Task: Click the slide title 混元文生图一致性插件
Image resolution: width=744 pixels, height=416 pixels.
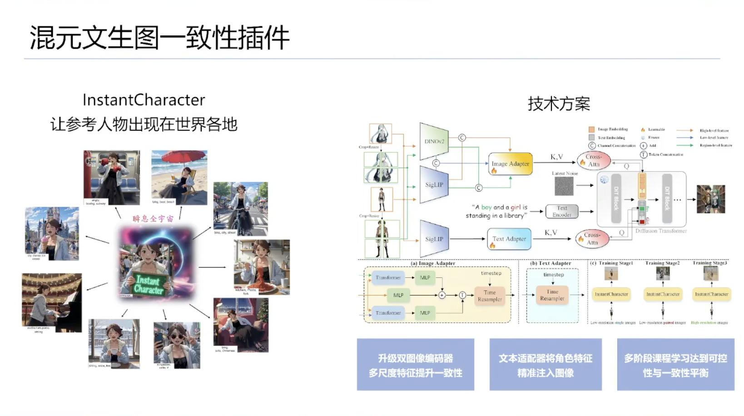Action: [x=159, y=37]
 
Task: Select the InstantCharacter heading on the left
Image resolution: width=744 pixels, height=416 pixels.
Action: [x=144, y=100]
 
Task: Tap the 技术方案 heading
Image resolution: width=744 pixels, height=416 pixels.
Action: [x=559, y=104]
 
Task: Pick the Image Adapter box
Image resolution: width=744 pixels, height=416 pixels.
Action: [x=510, y=164]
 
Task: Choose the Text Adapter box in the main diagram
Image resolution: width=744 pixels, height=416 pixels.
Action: [x=509, y=239]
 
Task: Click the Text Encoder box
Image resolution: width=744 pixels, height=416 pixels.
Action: [x=562, y=211]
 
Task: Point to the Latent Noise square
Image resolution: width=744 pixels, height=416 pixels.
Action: [x=564, y=186]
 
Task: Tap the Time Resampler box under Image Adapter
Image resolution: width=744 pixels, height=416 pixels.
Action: [x=490, y=296]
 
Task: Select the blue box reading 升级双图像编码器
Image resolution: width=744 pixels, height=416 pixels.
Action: [x=415, y=365]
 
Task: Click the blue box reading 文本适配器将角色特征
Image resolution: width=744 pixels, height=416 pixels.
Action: [x=546, y=365]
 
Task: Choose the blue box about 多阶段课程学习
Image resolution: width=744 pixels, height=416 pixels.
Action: [x=675, y=365]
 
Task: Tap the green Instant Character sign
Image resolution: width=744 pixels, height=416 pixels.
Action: [x=149, y=285]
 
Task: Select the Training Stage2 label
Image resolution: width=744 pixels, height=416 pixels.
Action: [x=662, y=263]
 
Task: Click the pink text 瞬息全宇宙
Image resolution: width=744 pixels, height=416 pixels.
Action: [x=153, y=219]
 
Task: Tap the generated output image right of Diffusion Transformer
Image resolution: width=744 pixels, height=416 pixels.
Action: [x=710, y=199]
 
